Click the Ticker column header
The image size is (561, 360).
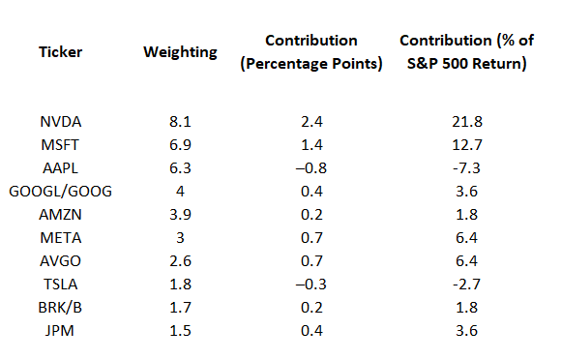pos(60,52)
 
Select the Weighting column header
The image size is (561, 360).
pos(181,52)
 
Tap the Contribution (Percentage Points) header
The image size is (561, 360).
pos(312,52)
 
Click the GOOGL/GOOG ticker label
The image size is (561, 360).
pos(60,191)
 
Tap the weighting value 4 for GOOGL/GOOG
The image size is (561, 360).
pos(181,191)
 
